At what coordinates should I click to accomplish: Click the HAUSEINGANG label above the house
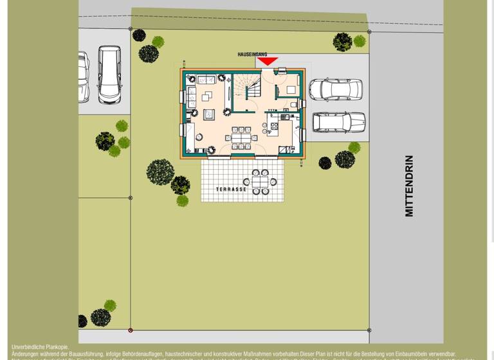pos(252,55)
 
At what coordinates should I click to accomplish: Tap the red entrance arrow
pos(267,62)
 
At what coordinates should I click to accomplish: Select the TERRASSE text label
pos(232,190)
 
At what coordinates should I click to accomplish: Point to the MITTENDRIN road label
pos(409,186)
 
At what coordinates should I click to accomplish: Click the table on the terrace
pos(261,182)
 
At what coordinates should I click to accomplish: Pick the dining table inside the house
pos(242,137)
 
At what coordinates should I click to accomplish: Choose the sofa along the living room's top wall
pos(206,80)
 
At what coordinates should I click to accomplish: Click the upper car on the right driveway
pos(335,90)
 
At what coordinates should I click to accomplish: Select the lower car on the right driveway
pos(338,122)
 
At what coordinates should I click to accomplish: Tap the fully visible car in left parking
pos(109,74)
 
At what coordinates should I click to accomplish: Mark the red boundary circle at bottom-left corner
pos(131,330)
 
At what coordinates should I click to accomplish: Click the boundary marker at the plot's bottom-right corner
pos(369,330)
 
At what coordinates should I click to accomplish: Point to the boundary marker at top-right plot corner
pos(369,32)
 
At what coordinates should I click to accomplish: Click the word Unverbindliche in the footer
pos(31,347)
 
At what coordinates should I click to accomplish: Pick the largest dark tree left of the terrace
pos(160,172)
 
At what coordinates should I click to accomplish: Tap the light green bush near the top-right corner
pos(360,41)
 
